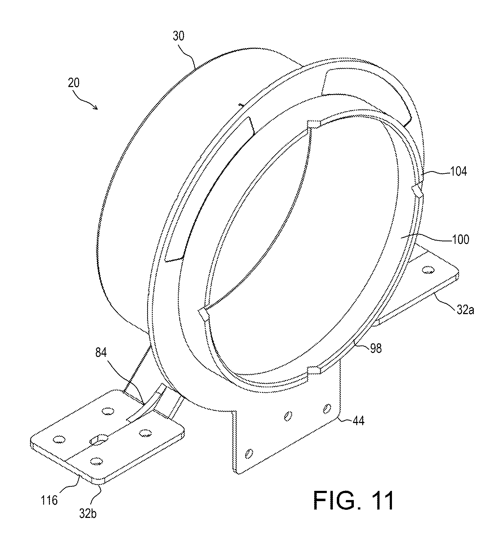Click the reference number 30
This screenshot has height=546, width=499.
tap(178, 36)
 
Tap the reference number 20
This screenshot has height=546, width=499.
tap(74, 83)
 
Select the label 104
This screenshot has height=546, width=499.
tap(458, 171)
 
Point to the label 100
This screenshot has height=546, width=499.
tap(461, 239)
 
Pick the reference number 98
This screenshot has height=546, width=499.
tap(376, 348)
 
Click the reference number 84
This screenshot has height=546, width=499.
tap(101, 353)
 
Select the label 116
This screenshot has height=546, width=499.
tap(49, 500)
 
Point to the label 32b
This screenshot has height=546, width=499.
tap(88, 513)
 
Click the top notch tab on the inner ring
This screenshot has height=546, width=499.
tap(314, 124)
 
